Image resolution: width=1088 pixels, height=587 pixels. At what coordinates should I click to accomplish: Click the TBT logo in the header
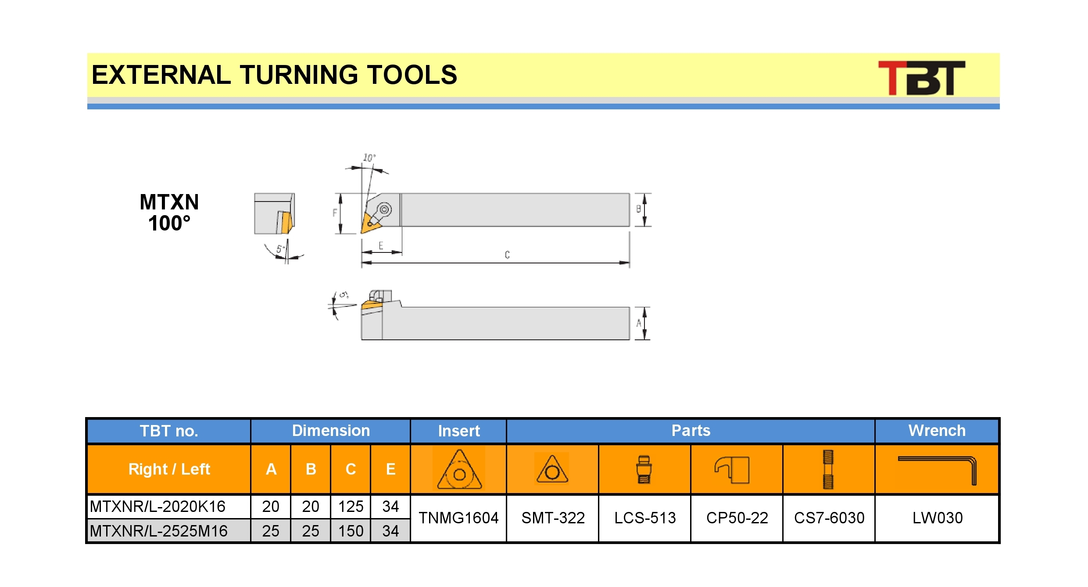(x=921, y=78)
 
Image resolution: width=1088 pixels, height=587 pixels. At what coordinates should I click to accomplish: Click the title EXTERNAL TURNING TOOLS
(x=274, y=75)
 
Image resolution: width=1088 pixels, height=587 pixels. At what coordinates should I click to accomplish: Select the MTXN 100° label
(x=169, y=212)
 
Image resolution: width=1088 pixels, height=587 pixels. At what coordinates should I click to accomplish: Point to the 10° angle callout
(x=369, y=157)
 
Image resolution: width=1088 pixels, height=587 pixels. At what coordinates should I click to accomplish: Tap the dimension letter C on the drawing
(x=507, y=255)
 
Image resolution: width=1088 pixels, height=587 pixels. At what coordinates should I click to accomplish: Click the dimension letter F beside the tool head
(x=335, y=213)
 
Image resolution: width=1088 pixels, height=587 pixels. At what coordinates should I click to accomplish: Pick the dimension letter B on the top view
(x=639, y=209)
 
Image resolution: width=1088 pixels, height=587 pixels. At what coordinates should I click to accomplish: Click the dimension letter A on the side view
(x=639, y=323)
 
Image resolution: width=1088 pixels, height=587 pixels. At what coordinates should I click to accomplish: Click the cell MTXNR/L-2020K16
(x=169, y=507)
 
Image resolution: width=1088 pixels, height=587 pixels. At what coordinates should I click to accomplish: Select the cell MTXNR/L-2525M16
(x=169, y=531)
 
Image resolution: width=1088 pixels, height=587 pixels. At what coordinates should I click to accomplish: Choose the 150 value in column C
(x=351, y=531)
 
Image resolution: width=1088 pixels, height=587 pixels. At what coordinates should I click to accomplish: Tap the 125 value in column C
(x=351, y=507)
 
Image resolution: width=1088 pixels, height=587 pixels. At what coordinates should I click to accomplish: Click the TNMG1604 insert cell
(x=458, y=518)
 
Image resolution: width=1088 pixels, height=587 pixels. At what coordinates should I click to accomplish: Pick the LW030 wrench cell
(x=937, y=518)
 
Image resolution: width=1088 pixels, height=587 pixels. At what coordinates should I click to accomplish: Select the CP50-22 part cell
(x=737, y=518)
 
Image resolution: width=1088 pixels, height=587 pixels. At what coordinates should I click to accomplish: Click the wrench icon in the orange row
(x=937, y=470)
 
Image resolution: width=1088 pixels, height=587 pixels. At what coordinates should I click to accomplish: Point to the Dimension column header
(x=331, y=431)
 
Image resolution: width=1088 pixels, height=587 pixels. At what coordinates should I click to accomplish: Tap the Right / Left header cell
(x=169, y=469)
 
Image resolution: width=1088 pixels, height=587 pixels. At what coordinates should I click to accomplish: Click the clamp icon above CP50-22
(x=732, y=470)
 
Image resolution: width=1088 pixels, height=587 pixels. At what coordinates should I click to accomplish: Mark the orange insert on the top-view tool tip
(x=369, y=223)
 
